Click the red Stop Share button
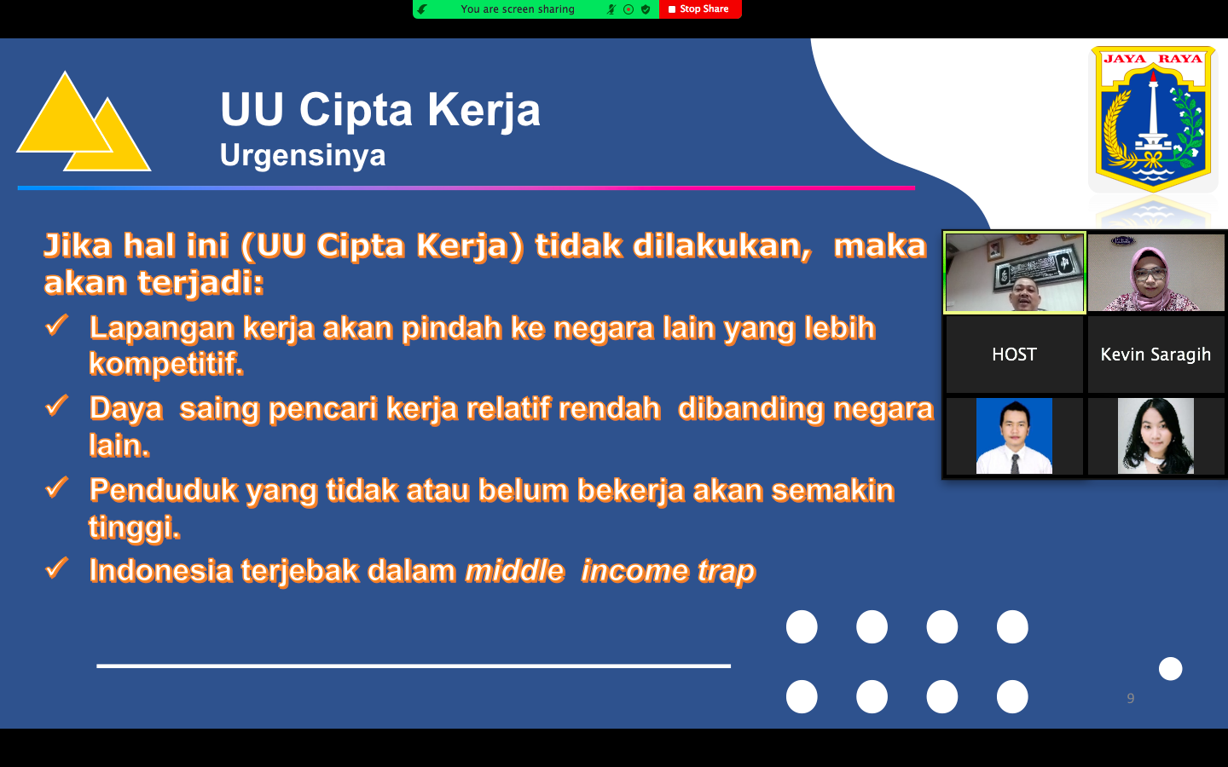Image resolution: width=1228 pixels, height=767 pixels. [x=700, y=9]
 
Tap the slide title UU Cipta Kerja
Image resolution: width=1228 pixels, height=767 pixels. [x=380, y=110]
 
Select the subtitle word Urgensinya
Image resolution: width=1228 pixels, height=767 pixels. [x=303, y=155]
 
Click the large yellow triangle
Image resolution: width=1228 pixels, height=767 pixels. [x=65, y=115]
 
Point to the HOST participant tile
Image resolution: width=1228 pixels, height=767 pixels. [x=1014, y=355]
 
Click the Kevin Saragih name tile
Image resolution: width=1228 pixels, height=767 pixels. [x=1156, y=355]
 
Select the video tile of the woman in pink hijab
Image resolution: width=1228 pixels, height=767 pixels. [x=1156, y=273]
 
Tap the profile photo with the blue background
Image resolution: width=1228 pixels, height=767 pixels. [x=1014, y=436]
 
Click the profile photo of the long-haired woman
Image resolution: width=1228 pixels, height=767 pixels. [x=1156, y=436]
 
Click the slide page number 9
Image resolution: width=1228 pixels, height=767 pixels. [x=1131, y=698]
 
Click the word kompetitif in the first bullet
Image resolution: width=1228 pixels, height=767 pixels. [x=166, y=364]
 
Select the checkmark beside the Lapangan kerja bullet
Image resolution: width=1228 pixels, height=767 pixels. [x=56, y=325]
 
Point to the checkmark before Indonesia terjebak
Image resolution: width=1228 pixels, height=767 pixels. [x=56, y=568]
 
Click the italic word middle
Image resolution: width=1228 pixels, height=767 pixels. [x=515, y=570]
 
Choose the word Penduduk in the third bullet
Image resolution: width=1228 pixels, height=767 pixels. [x=164, y=490]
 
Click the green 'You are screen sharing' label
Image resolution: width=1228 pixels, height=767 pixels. [x=518, y=9]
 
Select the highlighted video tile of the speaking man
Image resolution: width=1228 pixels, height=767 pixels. [x=1014, y=273]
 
